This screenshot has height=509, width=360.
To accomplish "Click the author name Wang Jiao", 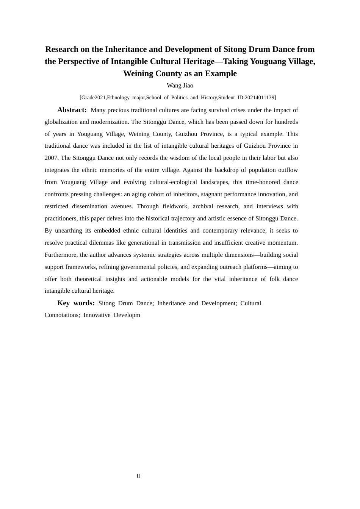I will click(x=180, y=86).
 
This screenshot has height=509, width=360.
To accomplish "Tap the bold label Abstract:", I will click(x=72, y=110).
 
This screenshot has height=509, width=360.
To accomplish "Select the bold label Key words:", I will click(x=76, y=303).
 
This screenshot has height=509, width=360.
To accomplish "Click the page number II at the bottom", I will click(x=138, y=476).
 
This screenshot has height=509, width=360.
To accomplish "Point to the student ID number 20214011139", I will click(x=260, y=97).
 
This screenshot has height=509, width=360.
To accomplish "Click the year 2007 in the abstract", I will click(x=51, y=158).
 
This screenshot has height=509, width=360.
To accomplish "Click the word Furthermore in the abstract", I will click(x=61, y=255).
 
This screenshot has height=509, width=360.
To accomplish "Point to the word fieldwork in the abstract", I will click(x=175, y=206).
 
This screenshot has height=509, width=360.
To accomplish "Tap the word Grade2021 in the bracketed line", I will click(x=93, y=97).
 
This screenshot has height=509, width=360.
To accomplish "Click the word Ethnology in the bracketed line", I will click(x=118, y=97).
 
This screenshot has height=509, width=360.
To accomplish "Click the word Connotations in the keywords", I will click(x=62, y=315).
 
